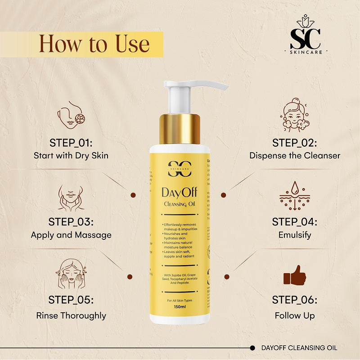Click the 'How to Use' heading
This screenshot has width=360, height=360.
point(94,44)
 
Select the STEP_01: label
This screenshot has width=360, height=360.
point(71,143)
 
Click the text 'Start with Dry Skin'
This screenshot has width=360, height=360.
point(71,156)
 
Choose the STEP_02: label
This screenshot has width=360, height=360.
point(295,143)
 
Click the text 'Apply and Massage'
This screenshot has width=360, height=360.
point(71,235)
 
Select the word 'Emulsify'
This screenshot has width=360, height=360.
point(295,235)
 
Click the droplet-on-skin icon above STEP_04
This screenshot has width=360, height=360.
point(295,196)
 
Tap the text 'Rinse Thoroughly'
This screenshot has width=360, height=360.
point(71,315)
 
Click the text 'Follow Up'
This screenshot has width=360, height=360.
point(295,315)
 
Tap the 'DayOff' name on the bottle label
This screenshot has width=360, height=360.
point(180,193)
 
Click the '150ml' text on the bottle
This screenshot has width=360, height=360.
point(180,307)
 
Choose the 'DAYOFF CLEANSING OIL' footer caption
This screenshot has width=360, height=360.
point(299,348)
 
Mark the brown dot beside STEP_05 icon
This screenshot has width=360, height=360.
point(130,277)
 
